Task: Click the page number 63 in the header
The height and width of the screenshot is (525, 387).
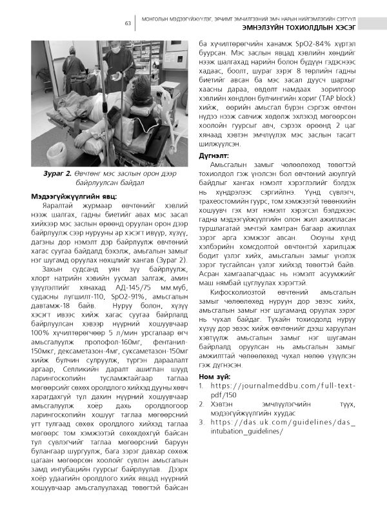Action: coord(128,24)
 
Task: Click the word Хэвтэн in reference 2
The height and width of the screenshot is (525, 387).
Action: coord(224,404)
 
